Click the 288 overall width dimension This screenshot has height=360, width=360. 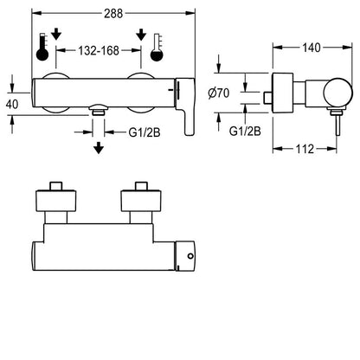(x=113, y=13)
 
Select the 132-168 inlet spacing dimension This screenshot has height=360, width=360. (x=99, y=51)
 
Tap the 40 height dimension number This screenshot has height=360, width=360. (x=12, y=104)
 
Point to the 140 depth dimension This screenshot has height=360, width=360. (x=312, y=48)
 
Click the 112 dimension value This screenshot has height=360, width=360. (x=305, y=149)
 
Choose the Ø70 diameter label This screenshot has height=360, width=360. (x=219, y=93)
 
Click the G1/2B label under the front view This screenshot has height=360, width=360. (x=145, y=132)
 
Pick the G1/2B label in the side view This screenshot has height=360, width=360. (x=245, y=132)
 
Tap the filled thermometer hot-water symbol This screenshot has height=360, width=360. (x=42, y=47)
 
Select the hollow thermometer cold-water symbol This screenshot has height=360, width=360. (x=157, y=48)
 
